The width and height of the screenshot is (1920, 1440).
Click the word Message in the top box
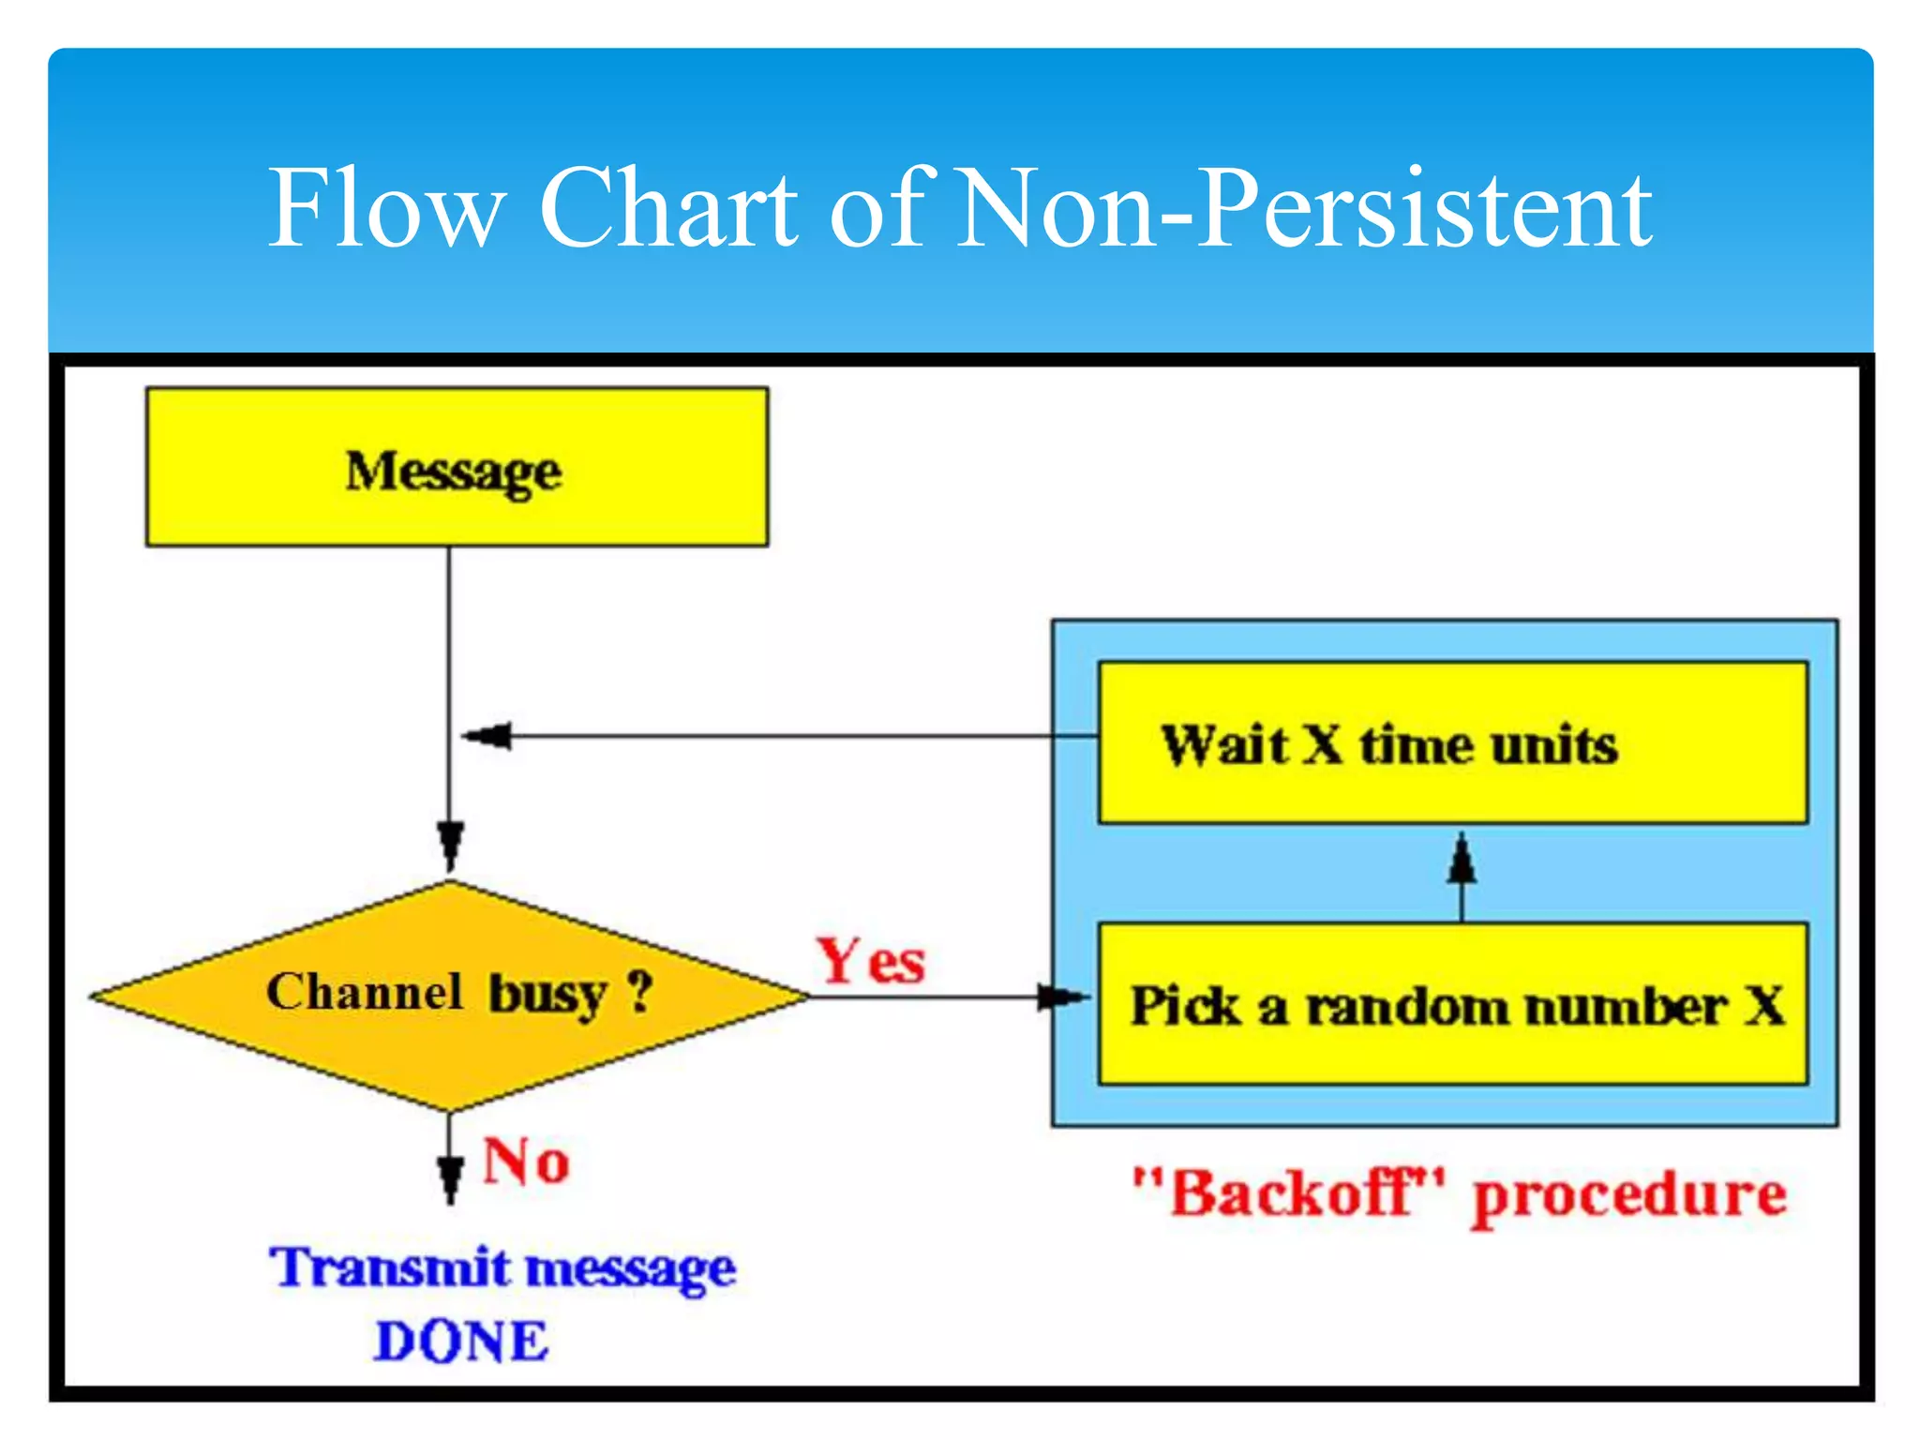[x=454, y=472]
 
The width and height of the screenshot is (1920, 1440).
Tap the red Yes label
[x=870, y=962]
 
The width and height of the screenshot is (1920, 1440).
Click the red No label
[x=525, y=1162]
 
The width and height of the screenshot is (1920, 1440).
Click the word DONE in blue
[x=461, y=1342]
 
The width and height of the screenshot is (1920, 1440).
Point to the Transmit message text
[x=503, y=1269]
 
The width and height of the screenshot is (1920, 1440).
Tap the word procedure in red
[x=1629, y=1197]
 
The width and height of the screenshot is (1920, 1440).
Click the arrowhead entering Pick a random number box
[x=1062, y=997]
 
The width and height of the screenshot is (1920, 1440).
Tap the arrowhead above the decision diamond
[x=450, y=843]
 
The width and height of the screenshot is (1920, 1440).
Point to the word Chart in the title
[x=667, y=208]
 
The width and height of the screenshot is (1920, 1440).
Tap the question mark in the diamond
[x=639, y=991]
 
